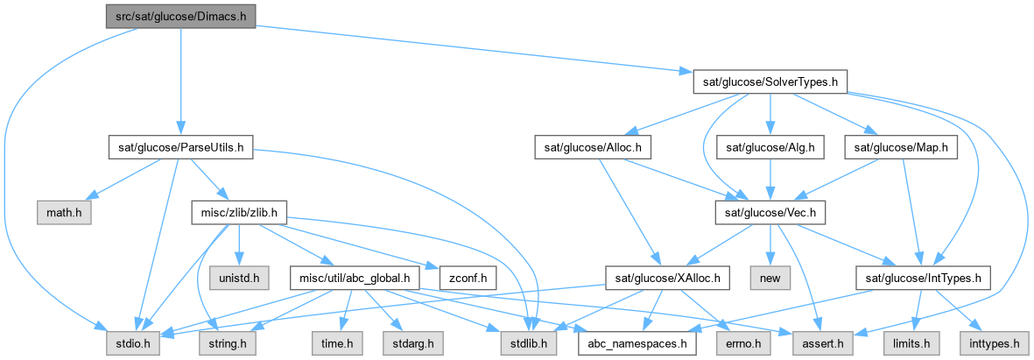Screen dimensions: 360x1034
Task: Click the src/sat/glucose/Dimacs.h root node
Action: pyautogui.click(x=180, y=17)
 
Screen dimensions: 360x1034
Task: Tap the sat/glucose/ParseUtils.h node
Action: pyautogui.click(x=180, y=148)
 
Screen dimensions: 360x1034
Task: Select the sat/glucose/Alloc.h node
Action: pyautogui.click(x=594, y=148)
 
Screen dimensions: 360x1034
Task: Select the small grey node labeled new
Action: pyautogui.click(x=770, y=279)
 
